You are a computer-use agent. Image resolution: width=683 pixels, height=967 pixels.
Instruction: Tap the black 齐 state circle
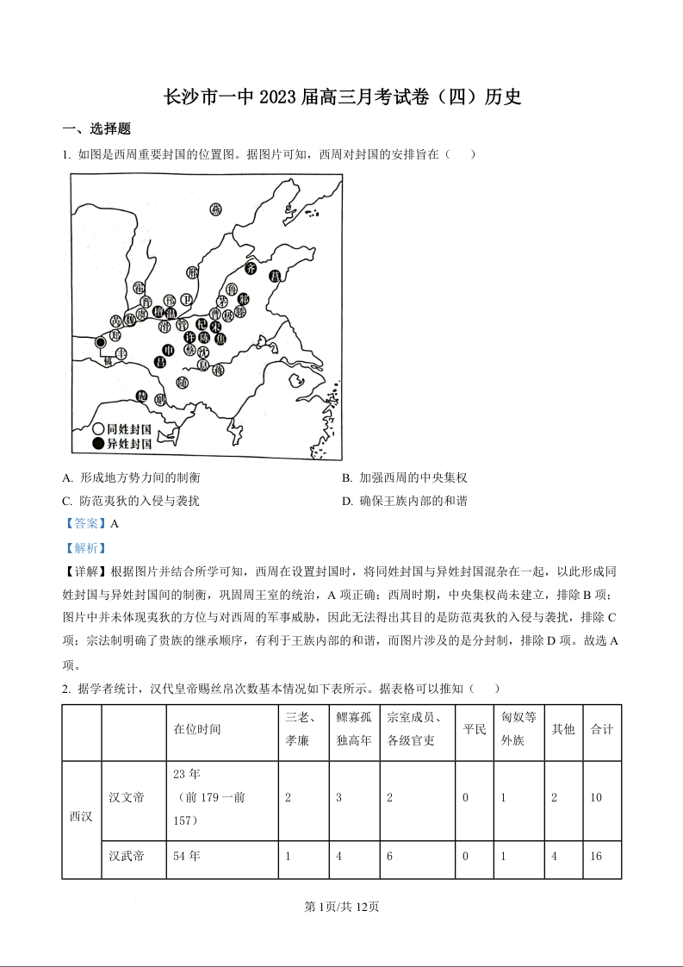tap(251, 268)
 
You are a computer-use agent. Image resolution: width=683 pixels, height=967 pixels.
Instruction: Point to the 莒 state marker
tap(275, 276)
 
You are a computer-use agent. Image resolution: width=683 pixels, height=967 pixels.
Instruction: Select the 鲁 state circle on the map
tap(231, 290)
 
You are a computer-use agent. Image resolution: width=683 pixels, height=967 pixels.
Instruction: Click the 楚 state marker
tap(143, 396)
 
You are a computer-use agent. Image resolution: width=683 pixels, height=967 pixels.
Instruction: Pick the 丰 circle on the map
tap(121, 353)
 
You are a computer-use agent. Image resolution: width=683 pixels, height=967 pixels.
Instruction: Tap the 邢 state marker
tap(192, 274)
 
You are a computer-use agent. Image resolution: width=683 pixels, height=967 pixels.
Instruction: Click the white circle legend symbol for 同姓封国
tap(99, 428)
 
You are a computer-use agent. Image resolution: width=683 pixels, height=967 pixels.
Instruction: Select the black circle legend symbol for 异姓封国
tap(99, 443)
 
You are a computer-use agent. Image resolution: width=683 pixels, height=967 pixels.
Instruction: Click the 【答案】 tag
tap(86, 523)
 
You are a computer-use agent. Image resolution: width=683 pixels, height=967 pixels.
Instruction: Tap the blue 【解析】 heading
tap(86, 547)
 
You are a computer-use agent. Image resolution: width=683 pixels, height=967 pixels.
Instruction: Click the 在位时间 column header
tap(197, 729)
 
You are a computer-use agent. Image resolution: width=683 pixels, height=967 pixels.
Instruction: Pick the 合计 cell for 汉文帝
tap(596, 798)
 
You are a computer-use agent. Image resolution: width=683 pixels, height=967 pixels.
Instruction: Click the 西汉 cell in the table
tap(81, 816)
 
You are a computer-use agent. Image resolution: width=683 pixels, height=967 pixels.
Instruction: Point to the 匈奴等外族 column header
tap(518, 729)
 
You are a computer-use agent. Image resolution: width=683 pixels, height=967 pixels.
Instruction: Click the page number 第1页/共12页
tap(342, 907)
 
